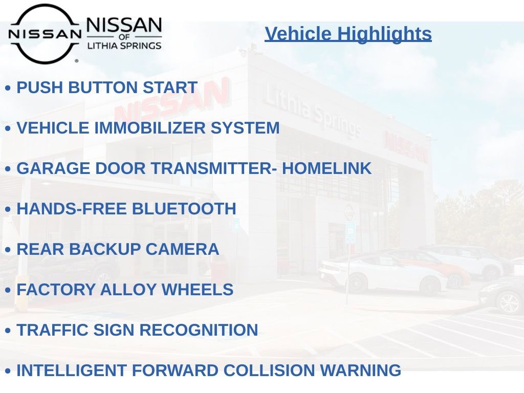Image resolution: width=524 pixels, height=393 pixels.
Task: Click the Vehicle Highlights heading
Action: tap(348, 34)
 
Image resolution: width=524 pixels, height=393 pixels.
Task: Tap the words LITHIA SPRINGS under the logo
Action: tap(124, 46)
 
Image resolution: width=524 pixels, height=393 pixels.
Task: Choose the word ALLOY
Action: tap(129, 290)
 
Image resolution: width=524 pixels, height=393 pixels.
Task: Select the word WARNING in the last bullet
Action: tap(364, 370)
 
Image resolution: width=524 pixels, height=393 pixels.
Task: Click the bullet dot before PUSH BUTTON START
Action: tap(8, 88)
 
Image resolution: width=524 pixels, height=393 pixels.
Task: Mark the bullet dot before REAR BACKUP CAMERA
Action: tap(8, 250)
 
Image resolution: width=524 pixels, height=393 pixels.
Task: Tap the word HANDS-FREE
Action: tap(72, 209)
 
